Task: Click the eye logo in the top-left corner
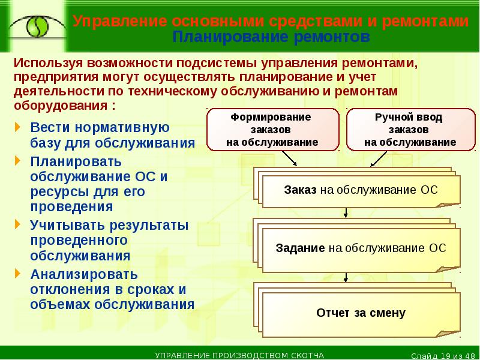point(34,26)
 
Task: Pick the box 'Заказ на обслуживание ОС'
point(361,191)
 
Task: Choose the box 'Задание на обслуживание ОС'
point(361,248)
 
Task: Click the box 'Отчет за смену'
point(361,313)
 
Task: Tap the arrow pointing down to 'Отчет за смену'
point(346,277)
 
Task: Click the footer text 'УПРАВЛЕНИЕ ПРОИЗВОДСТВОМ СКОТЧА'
point(239,355)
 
